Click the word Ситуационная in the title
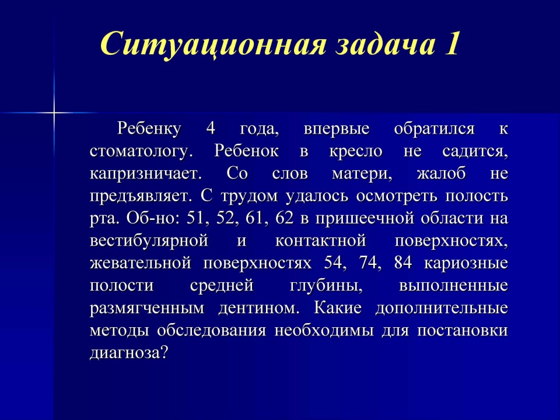(x=213, y=44)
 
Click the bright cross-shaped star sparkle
(x=54, y=113)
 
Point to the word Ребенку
(x=149, y=129)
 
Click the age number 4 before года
(x=211, y=128)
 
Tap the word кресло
(x=356, y=152)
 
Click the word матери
(x=362, y=174)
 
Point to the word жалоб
(x=441, y=174)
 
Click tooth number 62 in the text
(x=284, y=219)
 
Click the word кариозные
(x=466, y=264)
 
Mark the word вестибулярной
(x=149, y=241)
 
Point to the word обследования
(x=211, y=331)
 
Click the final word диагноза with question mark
(x=129, y=353)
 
